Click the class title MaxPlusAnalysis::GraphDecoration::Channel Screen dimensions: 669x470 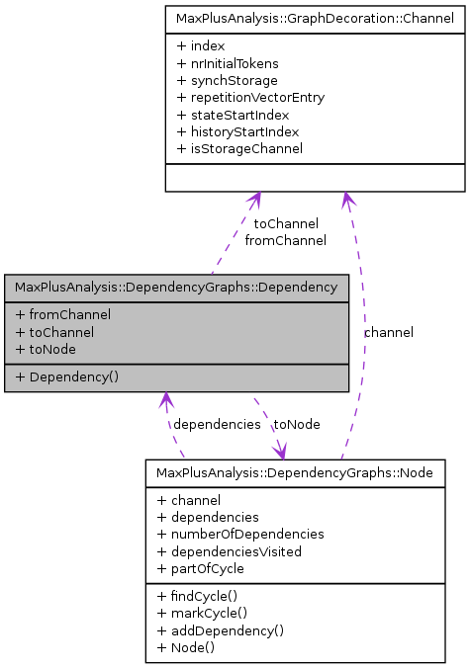[x=315, y=18]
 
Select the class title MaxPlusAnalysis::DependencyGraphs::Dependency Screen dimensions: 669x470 [x=176, y=287]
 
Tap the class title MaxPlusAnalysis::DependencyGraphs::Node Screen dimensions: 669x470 [x=295, y=473]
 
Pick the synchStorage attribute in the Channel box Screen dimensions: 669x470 [x=227, y=80]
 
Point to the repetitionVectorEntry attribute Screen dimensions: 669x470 [x=250, y=98]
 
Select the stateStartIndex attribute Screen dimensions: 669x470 [x=233, y=115]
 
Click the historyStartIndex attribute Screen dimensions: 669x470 [x=237, y=131]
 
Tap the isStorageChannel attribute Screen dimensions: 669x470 [x=239, y=148]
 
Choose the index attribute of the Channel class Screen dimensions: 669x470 [x=201, y=46]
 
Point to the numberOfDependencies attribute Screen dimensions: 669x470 [x=240, y=534]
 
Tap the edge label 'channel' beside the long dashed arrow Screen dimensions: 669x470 [x=389, y=332]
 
